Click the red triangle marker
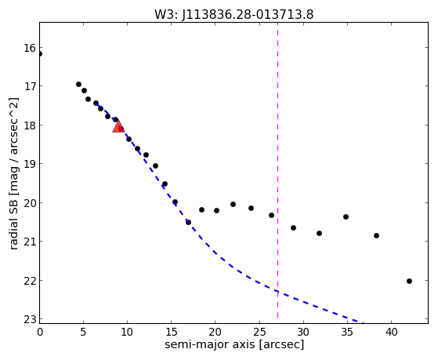click(x=118, y=127)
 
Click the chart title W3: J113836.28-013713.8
click(x=233, y=15)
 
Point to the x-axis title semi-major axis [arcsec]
click(x=234, y=344)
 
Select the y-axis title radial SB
click(x=13, y=222)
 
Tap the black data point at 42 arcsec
click(x=409, y=281)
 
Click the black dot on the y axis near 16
click(x=40, y=53)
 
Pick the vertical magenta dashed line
click(x=277, y=170)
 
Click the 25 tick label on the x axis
click(x=260, y=332)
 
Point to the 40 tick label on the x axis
click(x=391, y=332)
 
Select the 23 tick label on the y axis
click(x=30, y=319)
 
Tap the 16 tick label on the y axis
click(x=30, y=48)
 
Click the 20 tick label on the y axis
click(x=30, y=203)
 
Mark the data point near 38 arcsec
click(x=376, y=235)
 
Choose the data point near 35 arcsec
click(x=346, y=216)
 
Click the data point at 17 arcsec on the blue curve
click(x=188, y=222)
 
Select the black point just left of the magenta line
click(x=271, y=215)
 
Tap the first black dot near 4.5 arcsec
click(x=79, y=84)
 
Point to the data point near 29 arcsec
click(x=293, y=227)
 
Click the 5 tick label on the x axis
click(x=83, y=332)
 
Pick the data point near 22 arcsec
click(x=233, y=204)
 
